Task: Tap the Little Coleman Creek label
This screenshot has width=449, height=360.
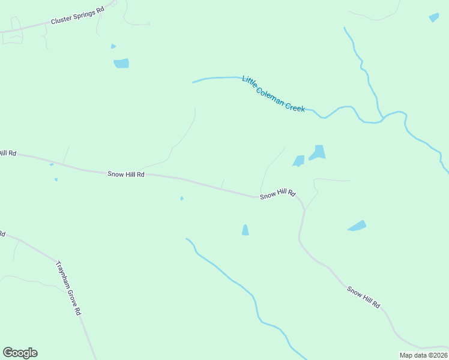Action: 274,94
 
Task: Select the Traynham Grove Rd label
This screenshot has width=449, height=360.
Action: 68,288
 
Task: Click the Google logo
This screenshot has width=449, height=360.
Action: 20,353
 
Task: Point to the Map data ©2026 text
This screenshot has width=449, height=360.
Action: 423,355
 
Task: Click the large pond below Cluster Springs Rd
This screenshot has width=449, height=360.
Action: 121,63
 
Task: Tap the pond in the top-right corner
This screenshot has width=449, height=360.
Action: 434,17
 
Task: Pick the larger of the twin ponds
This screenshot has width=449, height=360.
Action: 318,152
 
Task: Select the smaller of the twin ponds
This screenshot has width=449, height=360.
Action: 298,160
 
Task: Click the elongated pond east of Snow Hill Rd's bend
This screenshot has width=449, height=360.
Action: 357,226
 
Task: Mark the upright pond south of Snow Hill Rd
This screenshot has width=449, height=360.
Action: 245,230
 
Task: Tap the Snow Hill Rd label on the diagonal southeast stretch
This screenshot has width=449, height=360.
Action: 364,297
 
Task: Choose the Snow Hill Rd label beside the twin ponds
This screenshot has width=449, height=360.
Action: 278,194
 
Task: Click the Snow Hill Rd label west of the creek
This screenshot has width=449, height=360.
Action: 126,174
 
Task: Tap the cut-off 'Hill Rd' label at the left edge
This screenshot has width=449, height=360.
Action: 7,154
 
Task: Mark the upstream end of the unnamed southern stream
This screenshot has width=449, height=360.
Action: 187,239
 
